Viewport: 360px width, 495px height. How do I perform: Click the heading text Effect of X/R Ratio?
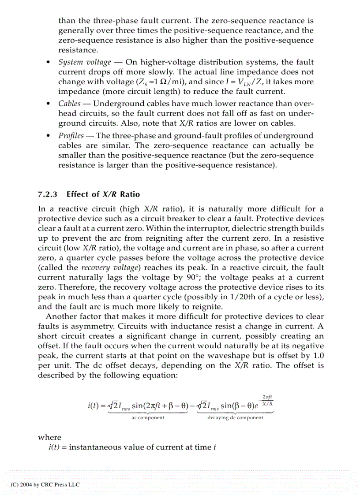[x=103, y=194]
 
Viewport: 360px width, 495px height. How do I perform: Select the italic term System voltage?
[x=84, y=63]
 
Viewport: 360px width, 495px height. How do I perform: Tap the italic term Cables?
[x=69, y=104]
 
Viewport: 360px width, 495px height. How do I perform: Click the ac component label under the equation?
[x=148, y=418]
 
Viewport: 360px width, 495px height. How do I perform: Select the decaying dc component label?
[x=235, y=418]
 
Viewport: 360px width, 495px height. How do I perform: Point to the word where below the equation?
[x=49, y=437]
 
